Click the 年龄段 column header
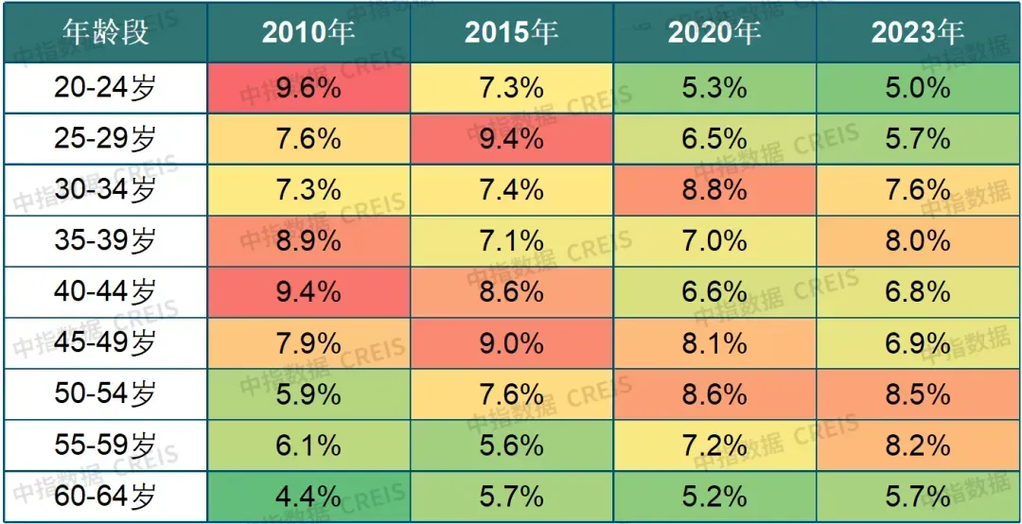[x=105, y=33]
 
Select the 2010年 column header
[x=308, y=33]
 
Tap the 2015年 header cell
[x=511, y=33]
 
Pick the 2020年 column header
[x=714, y=33]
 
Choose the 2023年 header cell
[x=917, y=33]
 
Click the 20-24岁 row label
[x=105, y=89]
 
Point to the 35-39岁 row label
[x=105, y=241]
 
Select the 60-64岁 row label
[x=105, y=495]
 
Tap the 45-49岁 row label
[x=105, y=342]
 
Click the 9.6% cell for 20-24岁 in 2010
[x=308, y=89]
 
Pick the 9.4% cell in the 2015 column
[x=511, y=139]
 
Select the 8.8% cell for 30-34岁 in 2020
[x=714, y=190]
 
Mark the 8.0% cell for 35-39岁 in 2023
[x=917, y=241]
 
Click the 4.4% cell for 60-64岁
[x=308, y=495]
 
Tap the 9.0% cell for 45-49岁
[x=511, y=342]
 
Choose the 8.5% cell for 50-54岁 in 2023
[x=917, y=393]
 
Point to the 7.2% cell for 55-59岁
[x=714, y=445]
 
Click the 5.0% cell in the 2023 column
[x=917, y=89]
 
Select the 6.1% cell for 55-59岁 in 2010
[x=308, y=445]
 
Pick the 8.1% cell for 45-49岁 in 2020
[x=714, y=342]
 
